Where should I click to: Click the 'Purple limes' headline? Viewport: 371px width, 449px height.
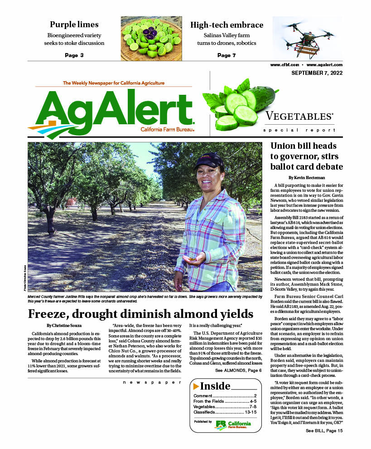point(74,24)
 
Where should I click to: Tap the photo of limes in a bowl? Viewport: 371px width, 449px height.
point(151,38)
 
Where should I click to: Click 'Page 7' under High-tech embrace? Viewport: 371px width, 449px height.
point(226,55)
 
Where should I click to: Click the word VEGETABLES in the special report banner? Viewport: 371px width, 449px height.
point(299,116)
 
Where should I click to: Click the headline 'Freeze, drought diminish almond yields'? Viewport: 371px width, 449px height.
point(140,314)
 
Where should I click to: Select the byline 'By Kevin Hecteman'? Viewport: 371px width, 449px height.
point(306,177)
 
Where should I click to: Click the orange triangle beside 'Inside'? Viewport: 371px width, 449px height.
point(196,386)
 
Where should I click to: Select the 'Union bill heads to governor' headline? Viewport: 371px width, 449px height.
point(306,156)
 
